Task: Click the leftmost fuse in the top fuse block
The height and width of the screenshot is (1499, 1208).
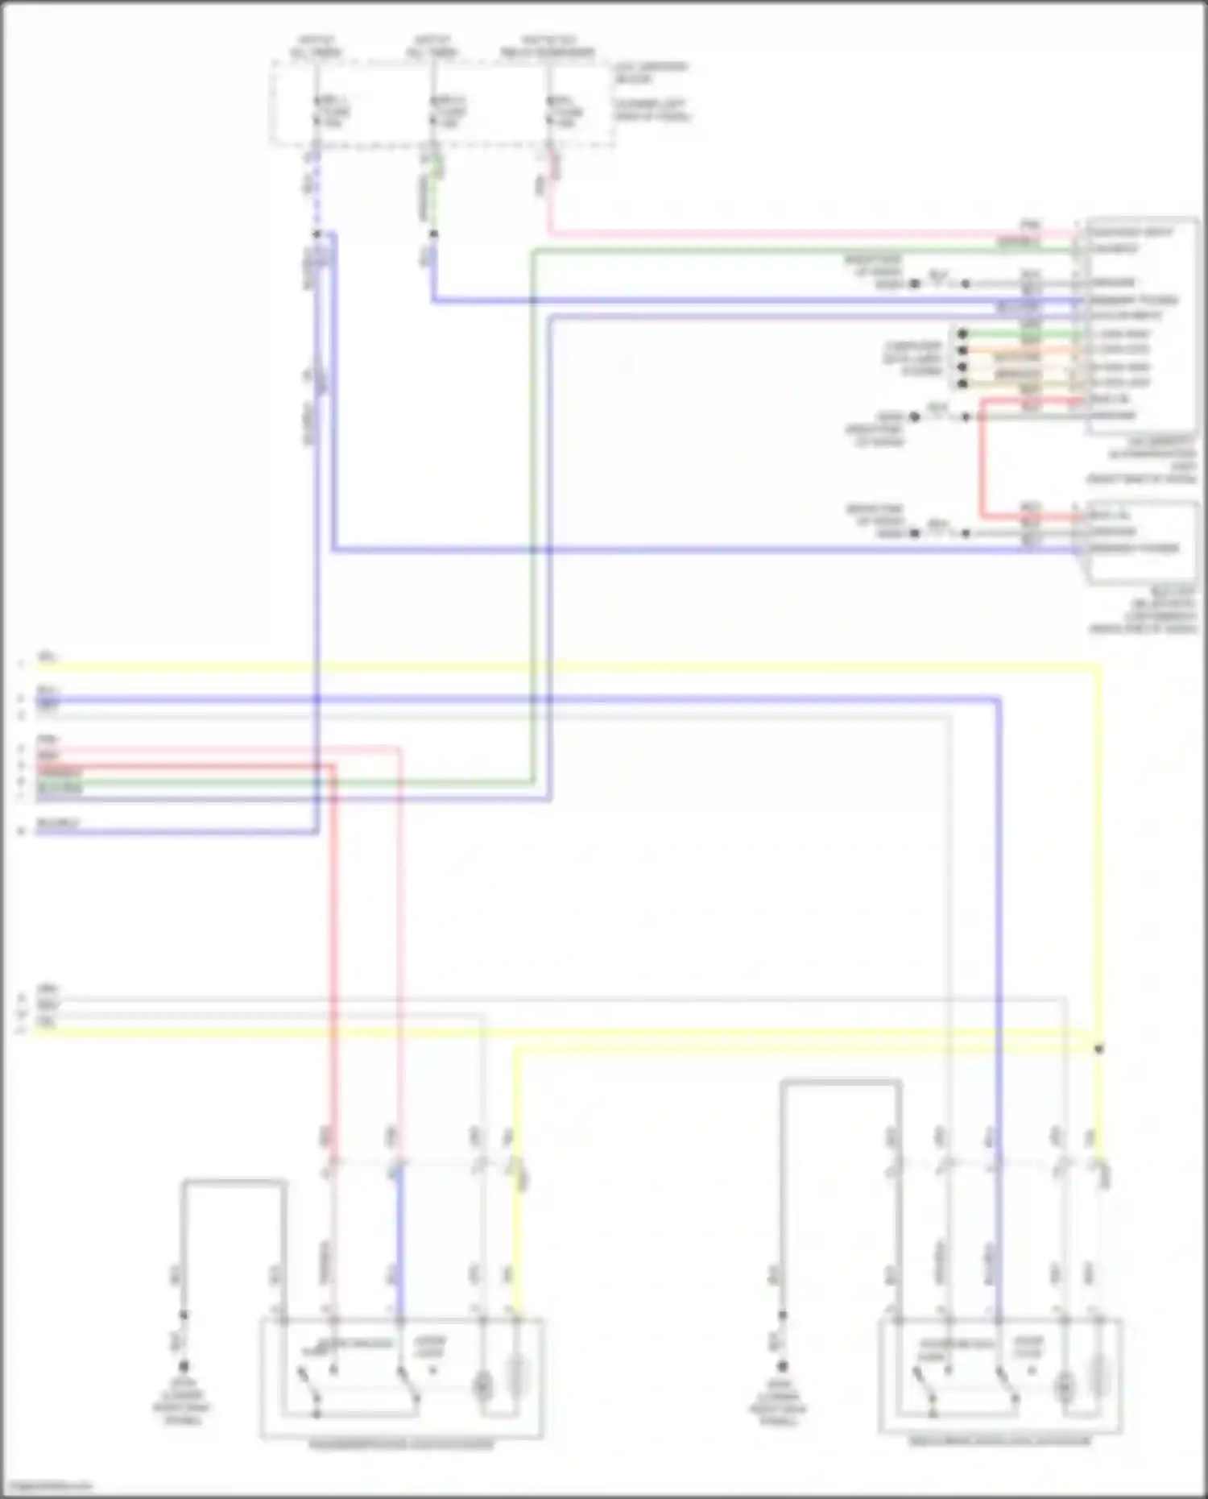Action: [x=316, y=111]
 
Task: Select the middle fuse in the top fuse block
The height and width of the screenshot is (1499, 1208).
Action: [x=434, y=111]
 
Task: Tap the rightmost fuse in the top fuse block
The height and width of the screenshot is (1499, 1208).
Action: [x=550, y=111]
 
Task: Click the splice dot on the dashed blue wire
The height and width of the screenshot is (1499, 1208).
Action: [x=316, y=234]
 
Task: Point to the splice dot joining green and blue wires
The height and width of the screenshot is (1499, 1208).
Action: [x=433, y=234]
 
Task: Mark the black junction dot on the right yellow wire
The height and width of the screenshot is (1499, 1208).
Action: [x=1098, y=1049]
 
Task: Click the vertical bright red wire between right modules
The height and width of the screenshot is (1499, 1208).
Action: [x=982, y=459]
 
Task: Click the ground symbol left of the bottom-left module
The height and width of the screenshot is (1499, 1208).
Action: [x=183, y=1367]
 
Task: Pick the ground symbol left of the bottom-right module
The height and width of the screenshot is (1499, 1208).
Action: [x=781, y=1367]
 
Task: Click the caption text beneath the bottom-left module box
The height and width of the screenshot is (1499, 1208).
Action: [x=401, y=1445]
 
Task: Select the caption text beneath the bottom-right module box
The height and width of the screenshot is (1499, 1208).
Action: [x=999, y=1441]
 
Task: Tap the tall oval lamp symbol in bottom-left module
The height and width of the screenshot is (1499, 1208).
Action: [x=517, y=1377]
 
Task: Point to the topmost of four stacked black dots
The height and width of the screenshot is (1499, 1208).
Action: [x=962, y=333]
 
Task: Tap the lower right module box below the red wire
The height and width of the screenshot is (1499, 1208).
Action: [x=1141, y=541]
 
